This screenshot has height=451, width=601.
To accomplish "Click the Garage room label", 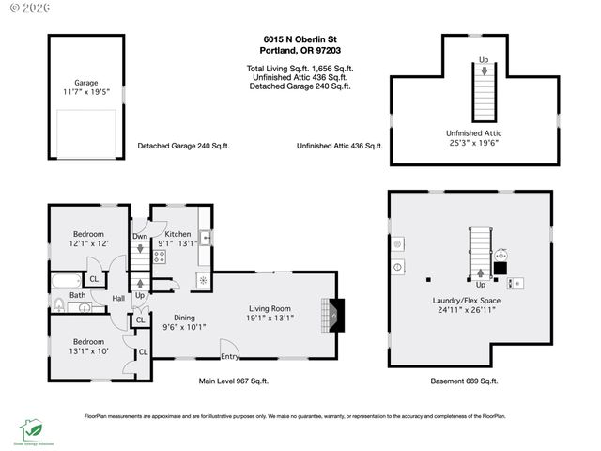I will point(85,82).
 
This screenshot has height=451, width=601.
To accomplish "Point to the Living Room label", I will point(270,308).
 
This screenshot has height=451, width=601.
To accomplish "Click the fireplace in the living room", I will point(333,312).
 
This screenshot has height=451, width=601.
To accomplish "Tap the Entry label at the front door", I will point(229,356).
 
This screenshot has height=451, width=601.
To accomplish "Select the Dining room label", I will point(184,318).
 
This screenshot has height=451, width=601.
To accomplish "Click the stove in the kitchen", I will point(159,258).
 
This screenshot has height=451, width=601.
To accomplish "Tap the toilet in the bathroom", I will point(60,303).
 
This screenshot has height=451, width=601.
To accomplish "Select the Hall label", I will point(119,299).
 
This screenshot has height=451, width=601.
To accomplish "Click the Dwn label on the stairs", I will point(139,236).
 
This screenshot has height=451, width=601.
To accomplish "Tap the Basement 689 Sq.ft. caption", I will point(467,381).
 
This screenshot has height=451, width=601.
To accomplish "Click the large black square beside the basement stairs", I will point(501,267).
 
